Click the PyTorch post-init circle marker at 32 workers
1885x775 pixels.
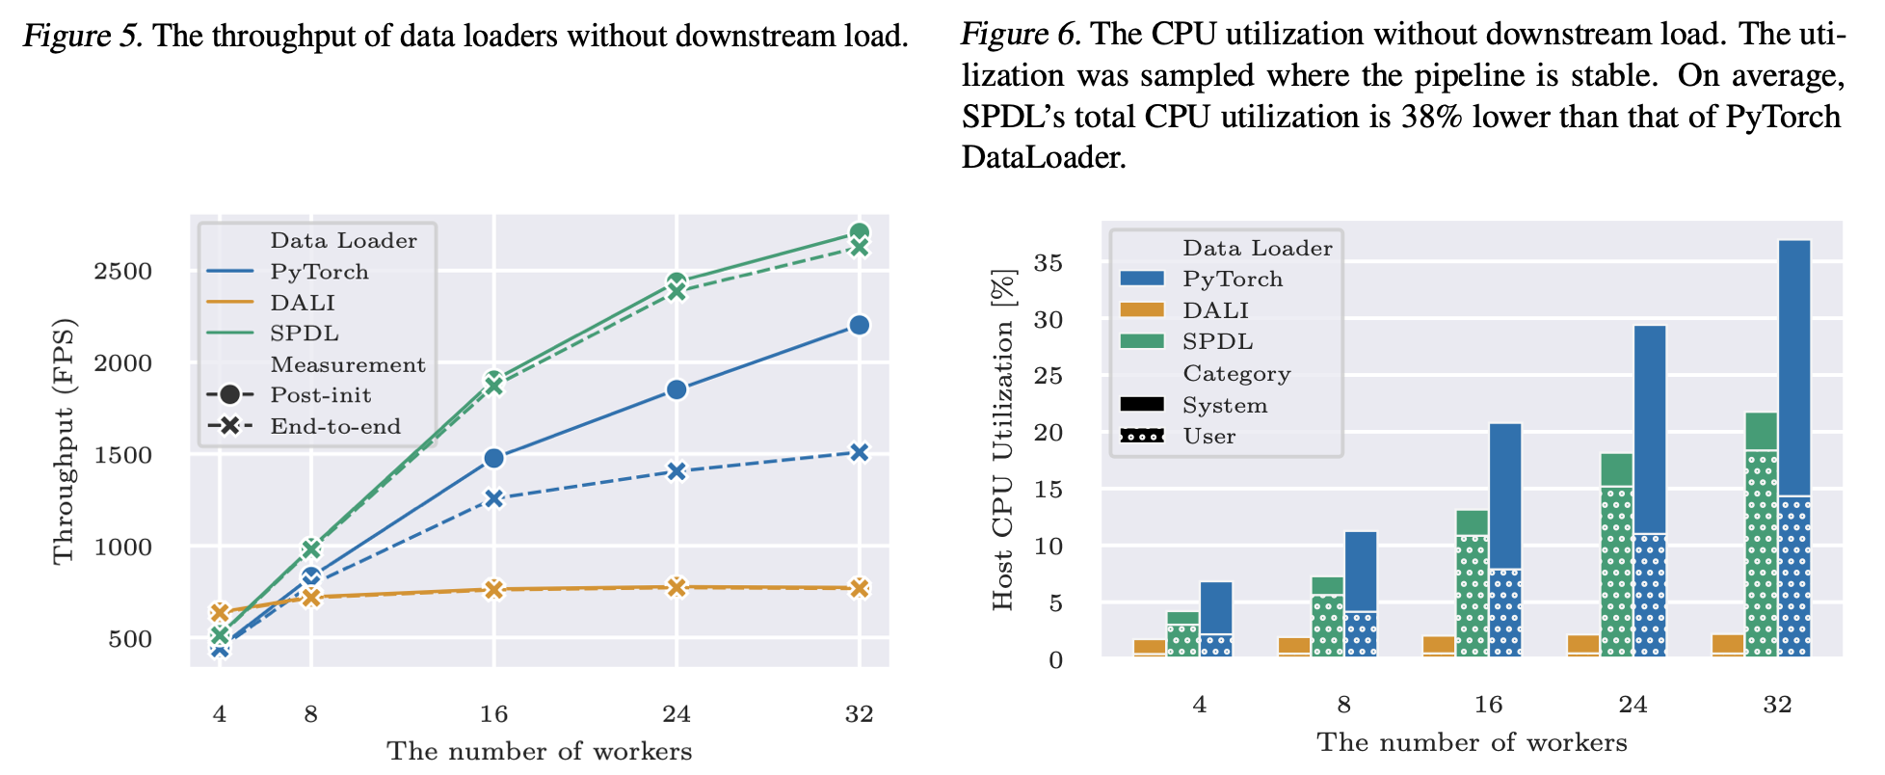pyautogui.click(x=859, y=325)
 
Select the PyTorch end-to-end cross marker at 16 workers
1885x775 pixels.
pyautogui.click(x=493, y=498)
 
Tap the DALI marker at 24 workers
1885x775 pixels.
pyautogui.click(x=677, y=587)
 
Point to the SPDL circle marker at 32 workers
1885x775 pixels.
pyautogui.click(x=859, y=233)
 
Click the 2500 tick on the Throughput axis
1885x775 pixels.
pyautogui.click(x=123, y=272)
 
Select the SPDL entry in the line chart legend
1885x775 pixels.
pyautogui.click(x=304, y=334)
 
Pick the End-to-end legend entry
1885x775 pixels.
pyautogui.click(x=334, y=426)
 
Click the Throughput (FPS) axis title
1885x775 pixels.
pyautogui.click(x=64, y=441)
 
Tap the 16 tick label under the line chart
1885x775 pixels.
pyautogui.click(x=493, y=714)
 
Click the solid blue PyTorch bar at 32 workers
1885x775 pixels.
pyautogui.click(x=1793, y=366)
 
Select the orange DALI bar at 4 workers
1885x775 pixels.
pyautogui.click(x=1149, y=647)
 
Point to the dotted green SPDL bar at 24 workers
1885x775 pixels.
pyautogui.click(x=1616, y=571)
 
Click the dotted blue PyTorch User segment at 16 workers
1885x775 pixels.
pyautogui.click(x=1505, y=613)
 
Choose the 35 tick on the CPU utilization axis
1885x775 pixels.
pyautogui.click(x=1049, y=263)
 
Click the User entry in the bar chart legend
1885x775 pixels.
pyautogui.click(x=1208, y=437)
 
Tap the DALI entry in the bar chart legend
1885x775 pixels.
pyautogui.click(x=1215, y=310)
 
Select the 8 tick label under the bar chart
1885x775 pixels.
pyautogui.click(x=1343, y=705)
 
